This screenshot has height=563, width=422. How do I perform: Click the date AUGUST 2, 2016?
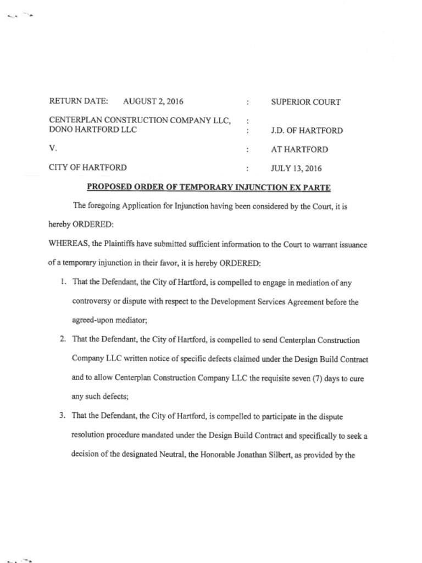click(x=153, y=101)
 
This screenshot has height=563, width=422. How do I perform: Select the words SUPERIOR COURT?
click(x=306, y=102)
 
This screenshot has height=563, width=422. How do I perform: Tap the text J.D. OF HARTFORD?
click(x=307, y=131)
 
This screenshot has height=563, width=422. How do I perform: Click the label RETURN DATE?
click(x=79, y=101)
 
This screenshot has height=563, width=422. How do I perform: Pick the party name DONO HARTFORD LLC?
click(x=93, y=130)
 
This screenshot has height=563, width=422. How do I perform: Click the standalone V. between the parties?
click(x=53, y=148)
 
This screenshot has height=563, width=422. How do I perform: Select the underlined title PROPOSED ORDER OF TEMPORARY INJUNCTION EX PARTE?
click(x=209, y=187)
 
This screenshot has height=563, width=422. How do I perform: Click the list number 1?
click(x=64, y=282)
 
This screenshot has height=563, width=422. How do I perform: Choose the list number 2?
click(x=63, y=339)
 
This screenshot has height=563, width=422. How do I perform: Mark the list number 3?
click(x=63, y=416)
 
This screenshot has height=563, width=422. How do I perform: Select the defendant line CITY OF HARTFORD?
click(x=88, y=168)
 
